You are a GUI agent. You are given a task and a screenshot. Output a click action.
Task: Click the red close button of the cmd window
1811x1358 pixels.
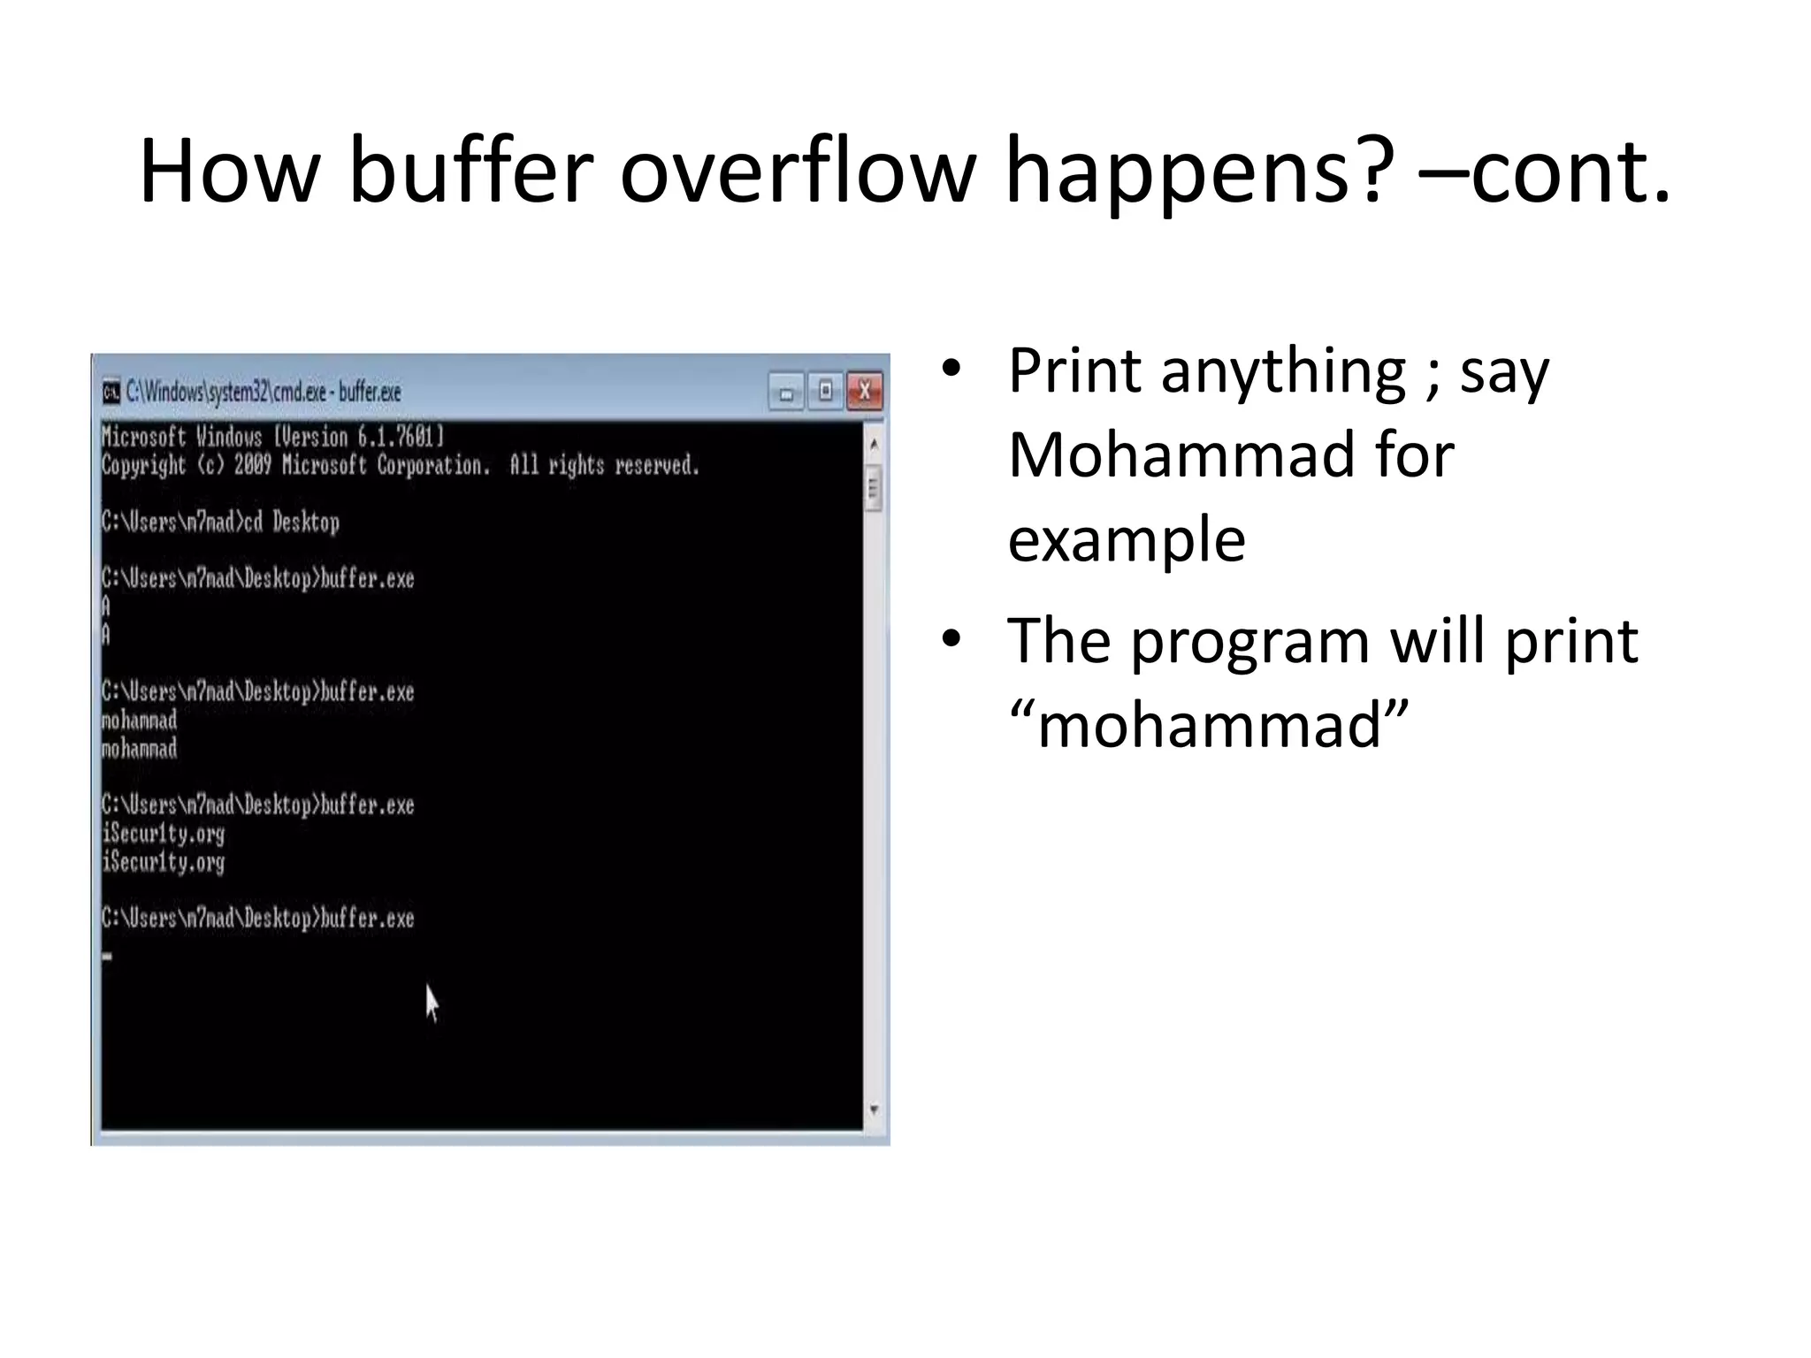pos(864,391)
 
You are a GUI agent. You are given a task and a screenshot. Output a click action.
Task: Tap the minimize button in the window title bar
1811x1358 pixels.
pos(786,392)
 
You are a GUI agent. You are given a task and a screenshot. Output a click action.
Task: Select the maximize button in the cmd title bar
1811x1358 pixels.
pos(825,391)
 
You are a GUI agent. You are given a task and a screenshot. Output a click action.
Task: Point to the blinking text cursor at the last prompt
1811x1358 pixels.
pos(107,956)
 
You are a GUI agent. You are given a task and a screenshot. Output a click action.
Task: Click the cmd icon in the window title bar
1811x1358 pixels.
pos(111,392)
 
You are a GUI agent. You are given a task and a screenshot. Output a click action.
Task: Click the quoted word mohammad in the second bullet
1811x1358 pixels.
pos(1208,724)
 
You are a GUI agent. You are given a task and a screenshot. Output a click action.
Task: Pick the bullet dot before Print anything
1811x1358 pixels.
pos(951,369)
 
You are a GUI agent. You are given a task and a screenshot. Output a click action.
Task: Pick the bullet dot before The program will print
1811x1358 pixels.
pos(951,638)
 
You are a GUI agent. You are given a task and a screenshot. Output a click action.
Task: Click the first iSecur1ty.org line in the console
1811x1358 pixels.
pos(164,833)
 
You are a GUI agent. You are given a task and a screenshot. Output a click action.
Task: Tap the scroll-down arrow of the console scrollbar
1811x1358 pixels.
pos(874,1109)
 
